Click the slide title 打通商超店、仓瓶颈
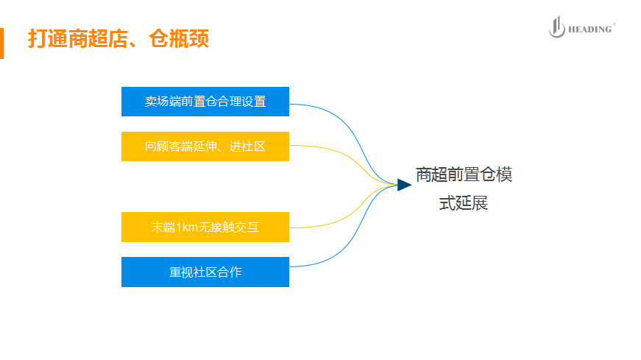pos(118,39)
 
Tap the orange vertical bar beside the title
pos(2,43)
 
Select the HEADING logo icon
pos(556,28)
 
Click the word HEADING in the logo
pos(589,29)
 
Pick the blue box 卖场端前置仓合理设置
pos(205,102)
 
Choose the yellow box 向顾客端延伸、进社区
pos(205,146)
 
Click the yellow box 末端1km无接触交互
pos(205,227)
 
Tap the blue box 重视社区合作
pos(205,272)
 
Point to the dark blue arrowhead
pos(403,184)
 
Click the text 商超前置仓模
pos(464,175)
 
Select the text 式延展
pos(464,204)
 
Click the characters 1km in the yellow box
pos(187,227)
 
